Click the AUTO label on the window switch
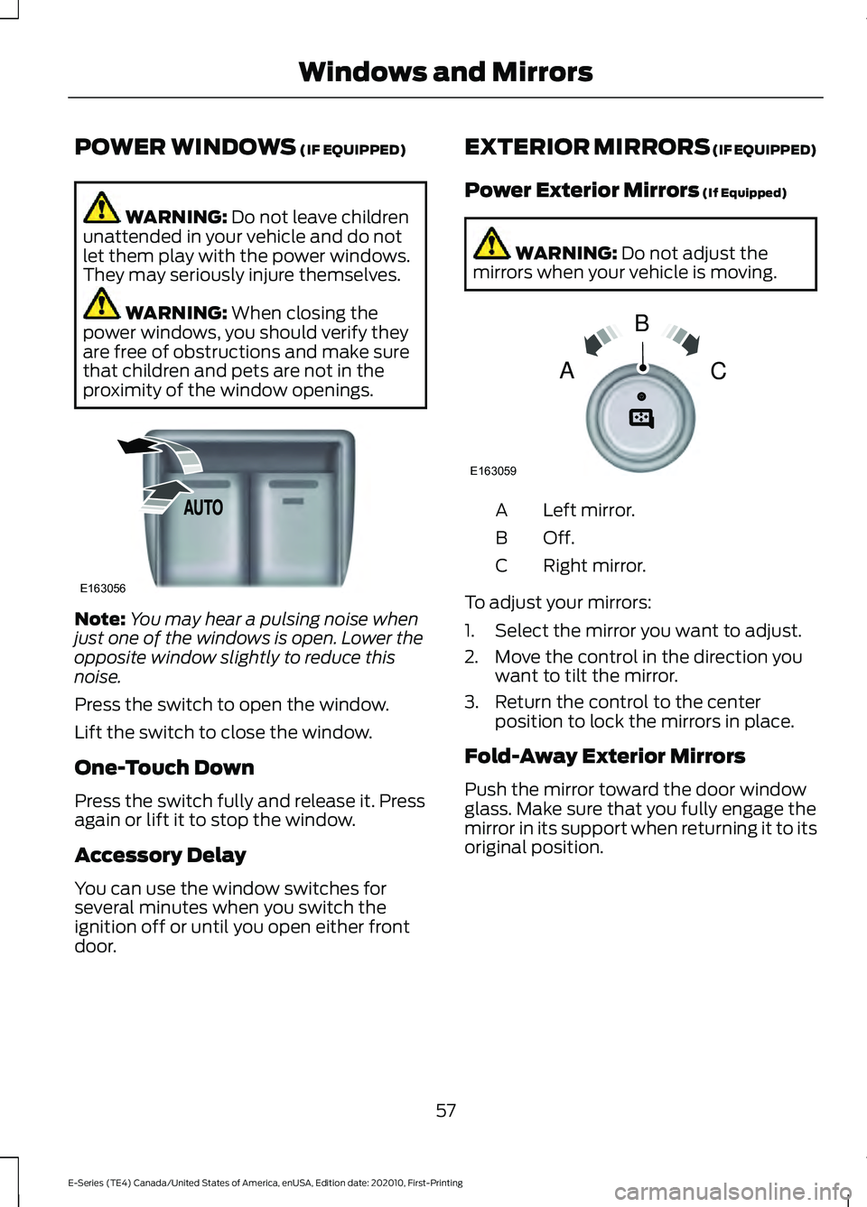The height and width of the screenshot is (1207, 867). [203, 507]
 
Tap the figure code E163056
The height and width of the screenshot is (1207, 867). [102, 589]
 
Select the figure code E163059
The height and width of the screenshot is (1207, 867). [492, 471]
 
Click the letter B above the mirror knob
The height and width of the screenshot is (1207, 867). [642, 323]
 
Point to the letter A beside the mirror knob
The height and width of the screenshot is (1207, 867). [567, 371]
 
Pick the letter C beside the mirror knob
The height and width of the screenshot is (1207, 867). [718, 371]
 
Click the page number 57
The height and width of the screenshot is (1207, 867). [446, 1110]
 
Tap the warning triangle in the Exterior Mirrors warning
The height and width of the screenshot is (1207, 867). [491, 244]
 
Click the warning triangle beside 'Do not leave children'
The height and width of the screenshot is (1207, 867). [102, 208]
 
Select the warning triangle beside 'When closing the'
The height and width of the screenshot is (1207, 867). [102, 303]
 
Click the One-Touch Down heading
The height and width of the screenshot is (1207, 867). [164, 768]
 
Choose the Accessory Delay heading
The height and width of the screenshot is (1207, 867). [161, 856]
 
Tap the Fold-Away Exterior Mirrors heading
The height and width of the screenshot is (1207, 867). [605, 757]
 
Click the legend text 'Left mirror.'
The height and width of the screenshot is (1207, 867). [589, 511]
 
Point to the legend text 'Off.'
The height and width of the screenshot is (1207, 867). [558, 538]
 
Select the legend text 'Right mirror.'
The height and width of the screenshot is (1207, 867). [594, 566]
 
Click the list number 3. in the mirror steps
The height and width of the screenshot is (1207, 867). [471, 702]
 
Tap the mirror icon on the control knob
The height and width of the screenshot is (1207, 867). [641, 417]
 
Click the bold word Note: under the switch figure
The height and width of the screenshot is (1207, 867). [99, 619]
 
